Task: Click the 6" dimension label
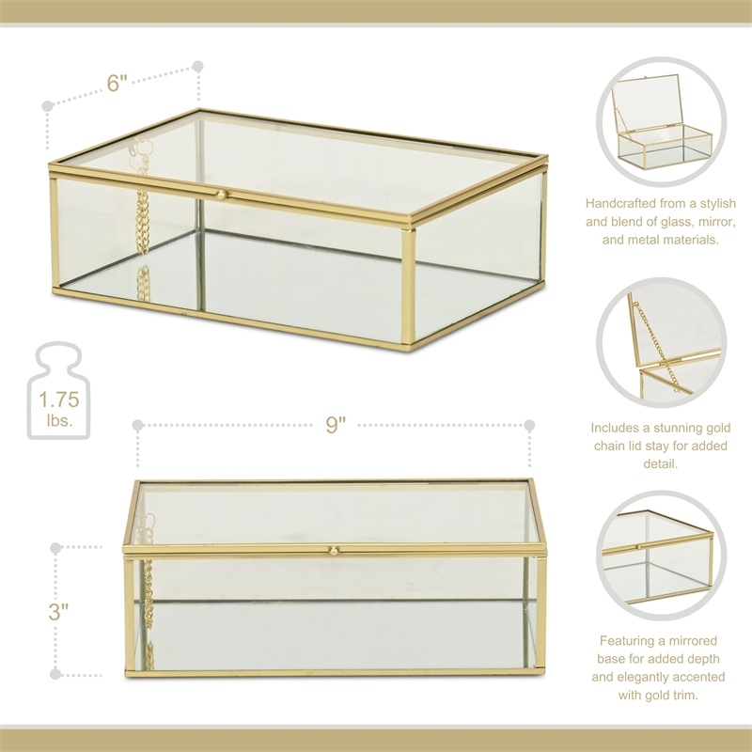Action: click(x=117, y=83)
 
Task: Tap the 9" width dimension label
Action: click(x=336, y=425)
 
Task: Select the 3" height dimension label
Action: click(x=58, y=612)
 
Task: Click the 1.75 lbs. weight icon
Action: click(x=58, y=392)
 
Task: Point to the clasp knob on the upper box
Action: click(x=222, y=195)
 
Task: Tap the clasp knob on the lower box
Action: click(x=334, y=548)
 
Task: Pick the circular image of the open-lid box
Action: click(x=662, y=120)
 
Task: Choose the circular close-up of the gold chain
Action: click(x=662, y=343)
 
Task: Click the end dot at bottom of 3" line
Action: click(x=56, y=674)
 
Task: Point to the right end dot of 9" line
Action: click(x=529, y=425)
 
